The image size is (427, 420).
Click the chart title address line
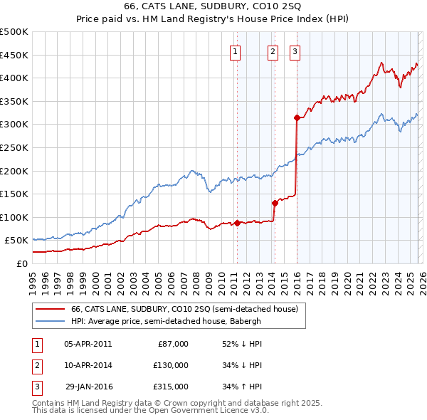tap(213, 6)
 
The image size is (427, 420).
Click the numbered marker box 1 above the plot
tap(236, 51)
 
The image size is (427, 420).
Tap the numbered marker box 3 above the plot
tap(295, 51)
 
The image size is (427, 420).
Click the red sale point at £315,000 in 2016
tap(296, 117)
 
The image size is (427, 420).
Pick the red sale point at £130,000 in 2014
tap(274, 203)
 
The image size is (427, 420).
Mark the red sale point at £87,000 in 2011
tap(236, 223)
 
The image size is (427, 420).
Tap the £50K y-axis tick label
tap(16, 241)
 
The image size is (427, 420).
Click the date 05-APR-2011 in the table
tap(88, 344)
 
